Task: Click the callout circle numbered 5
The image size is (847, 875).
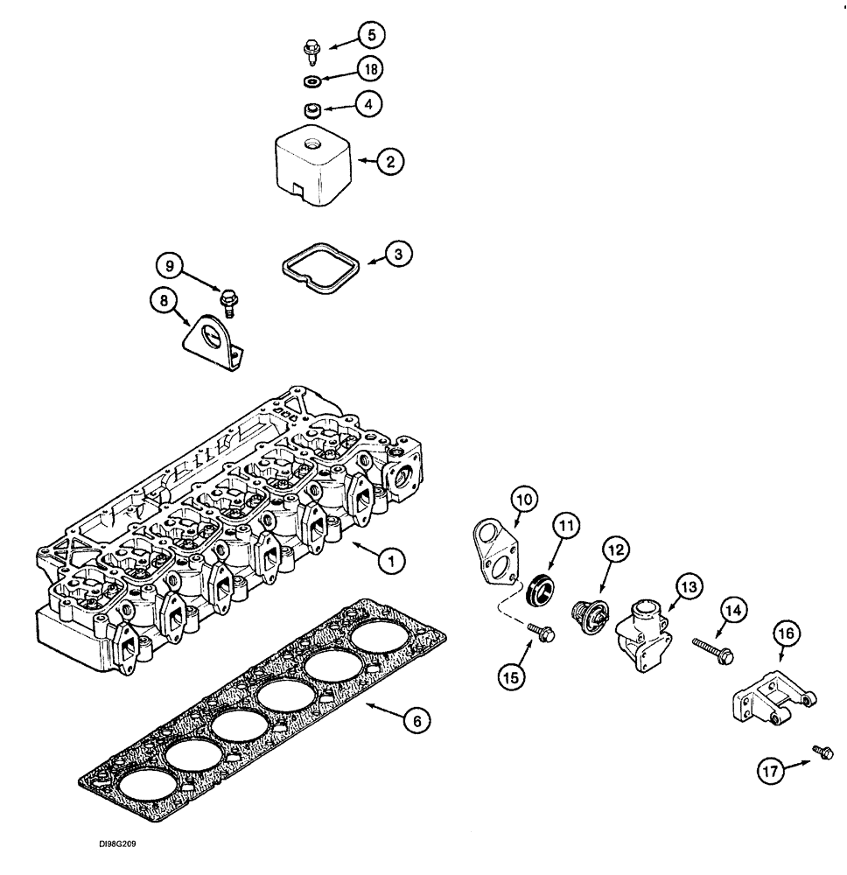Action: (371, 36)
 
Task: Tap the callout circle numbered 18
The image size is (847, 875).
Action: (372, 69)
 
